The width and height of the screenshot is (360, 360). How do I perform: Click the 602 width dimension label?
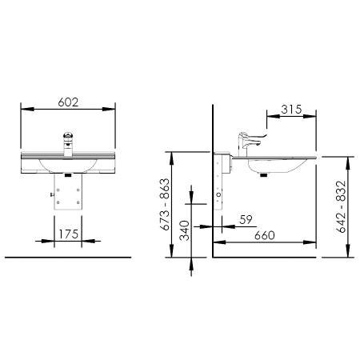pyautogui.click(x=68, y=102)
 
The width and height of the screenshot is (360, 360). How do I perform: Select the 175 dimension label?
pyautogui.click(x=68, y=234)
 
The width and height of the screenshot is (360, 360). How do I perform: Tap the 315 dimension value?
pyautogui.click(x=291, y=110)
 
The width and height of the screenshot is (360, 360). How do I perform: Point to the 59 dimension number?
pyautogui.click(x=246, y=220)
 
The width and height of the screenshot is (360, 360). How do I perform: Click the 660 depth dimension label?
pyautogui.click(x=265, y=235)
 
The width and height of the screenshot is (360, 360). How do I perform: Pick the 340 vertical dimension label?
pyautogui.click(x=184, y=230)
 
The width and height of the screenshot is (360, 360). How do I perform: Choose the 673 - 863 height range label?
pyautogui.click(x=165, y=204)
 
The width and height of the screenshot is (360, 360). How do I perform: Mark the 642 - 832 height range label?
pyautogui.click(x=342, y=206)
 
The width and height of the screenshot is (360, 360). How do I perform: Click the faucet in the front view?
pyautogui.click(x=68, y=144)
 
